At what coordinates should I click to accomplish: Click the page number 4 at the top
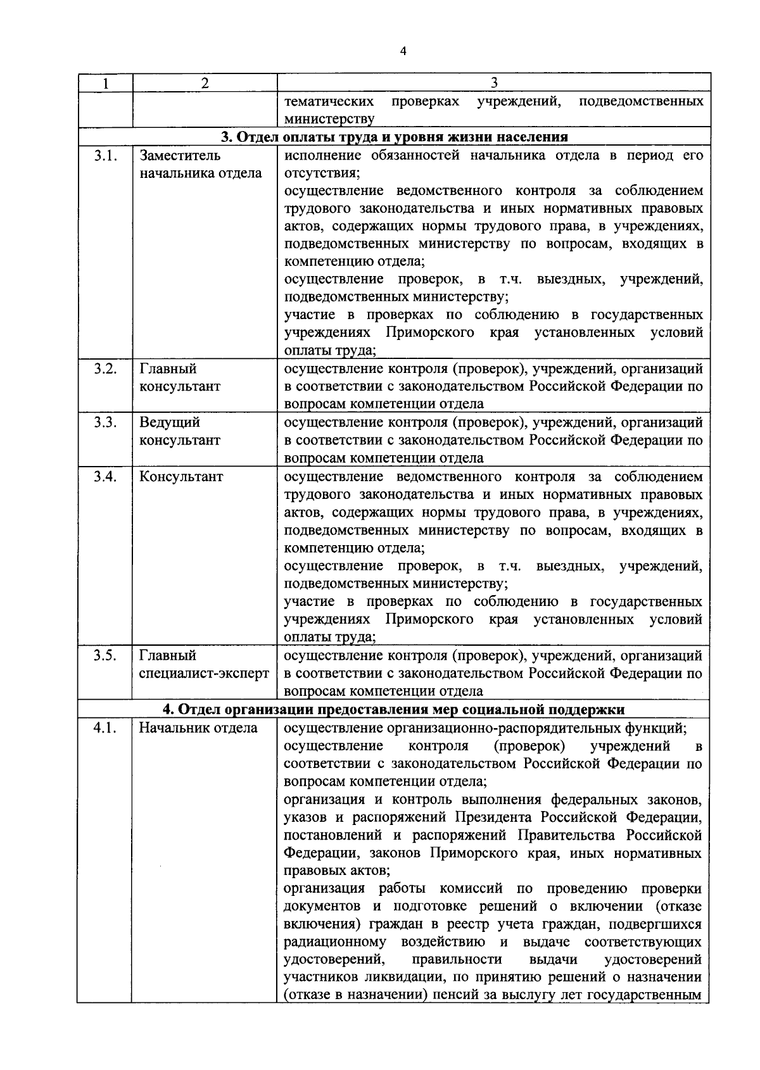pyautogui.click(x=403, y=52)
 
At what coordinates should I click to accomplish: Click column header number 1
pyautogui.click(x=105, y=83)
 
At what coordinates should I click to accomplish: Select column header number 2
pyautogui.click(x=205, y=83)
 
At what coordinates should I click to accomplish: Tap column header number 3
pyautogui.click(x=494, y=83)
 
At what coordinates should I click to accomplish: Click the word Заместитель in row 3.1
pyautogui.click(x=180, y=156)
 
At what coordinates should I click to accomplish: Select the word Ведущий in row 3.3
pyautogui.click(x=169, y=422)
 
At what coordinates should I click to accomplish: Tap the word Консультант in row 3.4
pyautogui.click(x=181, y=477)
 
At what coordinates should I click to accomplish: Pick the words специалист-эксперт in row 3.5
pyautogui.click(x=204, y=674)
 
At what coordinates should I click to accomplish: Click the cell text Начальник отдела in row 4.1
pyautogui.click(x=198, y=728)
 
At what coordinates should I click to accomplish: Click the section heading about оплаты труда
pyautogui.click(x=394, y=137)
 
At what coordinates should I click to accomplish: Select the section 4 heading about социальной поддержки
pyautogui.click(x=394, y=709)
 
